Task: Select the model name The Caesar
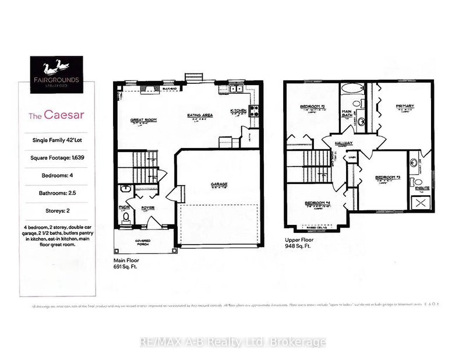pyautogui.click(x=55, y=115)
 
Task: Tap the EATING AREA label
pyautogui.click(x=200, y=115)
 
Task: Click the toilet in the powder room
pyautogui.click(x=126, y=217)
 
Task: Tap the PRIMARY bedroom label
pyautogui.click(x=404, y=106)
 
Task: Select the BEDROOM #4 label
pyautogui.click(x=317, y=203)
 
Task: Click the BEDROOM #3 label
pyautogui.click(x=385, y=177)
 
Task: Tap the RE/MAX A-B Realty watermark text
pyautogui.click(x=233, y=342)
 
